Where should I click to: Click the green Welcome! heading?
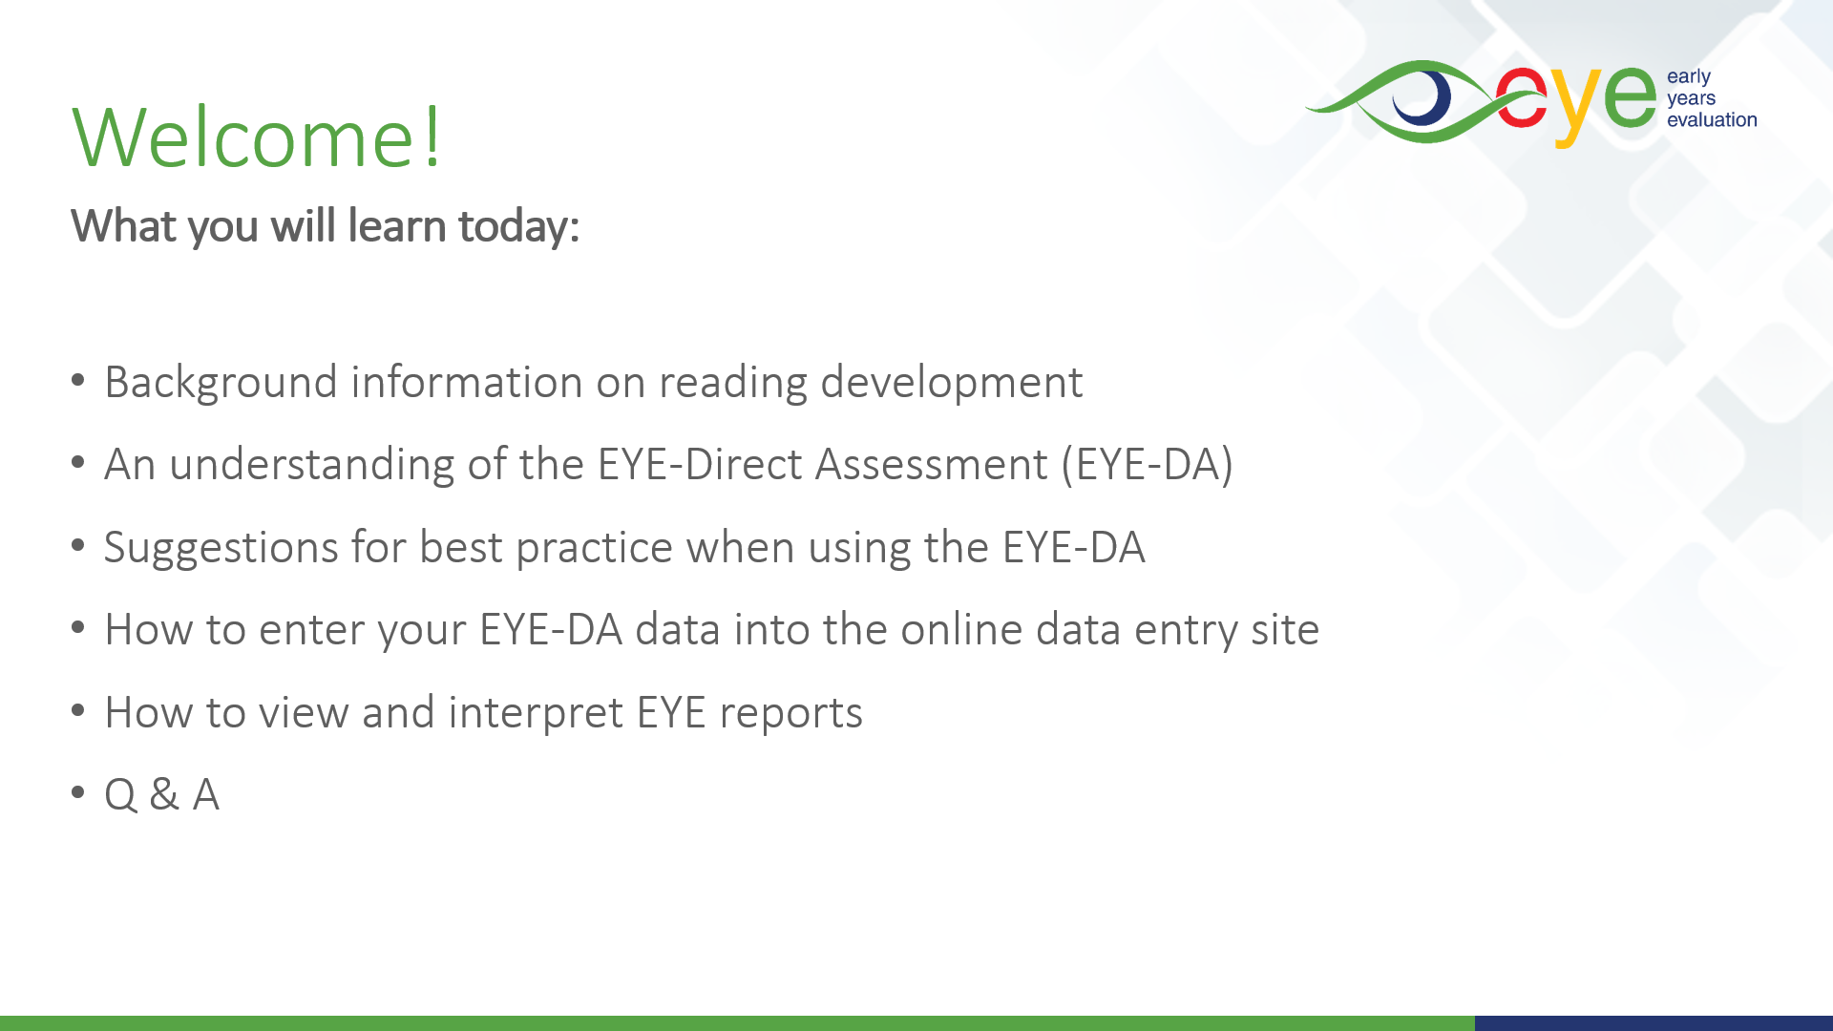(257, 137)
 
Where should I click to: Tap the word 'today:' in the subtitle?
(518, 227)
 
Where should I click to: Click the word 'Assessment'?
(931, 465)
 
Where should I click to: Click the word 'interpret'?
(535, 713)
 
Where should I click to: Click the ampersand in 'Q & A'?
(164, 794)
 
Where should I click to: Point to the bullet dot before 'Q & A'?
(78, 792)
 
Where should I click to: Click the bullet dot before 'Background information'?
(78, 380)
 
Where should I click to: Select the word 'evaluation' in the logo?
(1712, 120)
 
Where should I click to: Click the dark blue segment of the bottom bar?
(1654, 1023)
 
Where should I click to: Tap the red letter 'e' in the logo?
(1522, 97)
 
